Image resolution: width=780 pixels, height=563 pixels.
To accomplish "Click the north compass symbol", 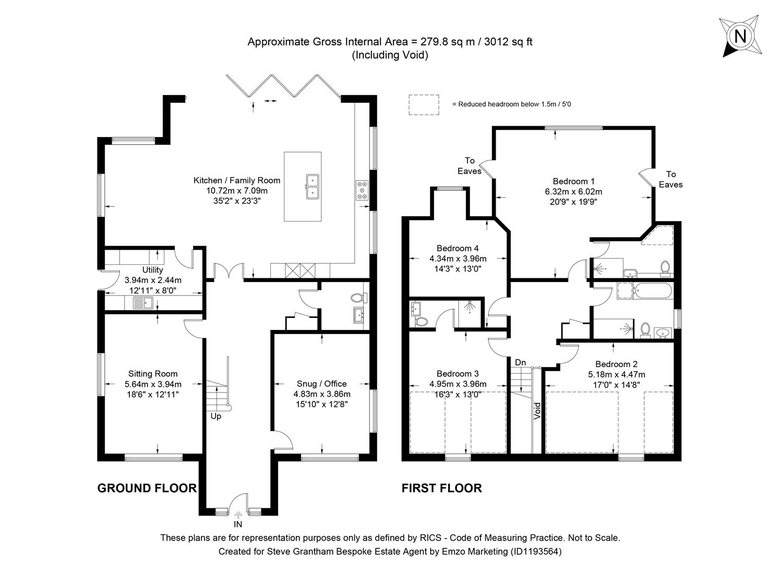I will click(740, 36).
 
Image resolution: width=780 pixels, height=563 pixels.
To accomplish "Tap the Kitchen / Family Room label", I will click(237, 180).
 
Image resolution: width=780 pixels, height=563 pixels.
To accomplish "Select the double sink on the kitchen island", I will click(312, 186).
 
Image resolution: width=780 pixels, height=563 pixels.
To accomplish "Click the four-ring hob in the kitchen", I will click(361, 190).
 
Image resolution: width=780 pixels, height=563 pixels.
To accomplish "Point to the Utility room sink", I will click(142, 302).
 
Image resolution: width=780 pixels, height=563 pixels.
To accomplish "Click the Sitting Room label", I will click(153, 374).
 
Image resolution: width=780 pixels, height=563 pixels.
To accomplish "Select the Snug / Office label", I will click(321, 384).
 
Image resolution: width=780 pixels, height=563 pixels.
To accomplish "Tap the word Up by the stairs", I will click(216, 416).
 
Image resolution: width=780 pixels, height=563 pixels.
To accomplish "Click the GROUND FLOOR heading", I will click(147, 488).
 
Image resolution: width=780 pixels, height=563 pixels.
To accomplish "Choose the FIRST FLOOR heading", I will click(441, 488).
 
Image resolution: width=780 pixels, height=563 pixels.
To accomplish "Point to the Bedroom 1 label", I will click(573, 181).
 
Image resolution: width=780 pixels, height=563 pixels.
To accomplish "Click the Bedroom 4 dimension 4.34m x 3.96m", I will click(458, 259).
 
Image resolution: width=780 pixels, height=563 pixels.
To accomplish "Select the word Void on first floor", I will click(537, 410).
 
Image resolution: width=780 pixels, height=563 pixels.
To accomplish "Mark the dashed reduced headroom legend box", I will click(424, 104).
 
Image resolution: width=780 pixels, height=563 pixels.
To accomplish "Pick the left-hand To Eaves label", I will click(469, 166).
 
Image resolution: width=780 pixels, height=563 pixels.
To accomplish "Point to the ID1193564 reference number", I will click(536, 551).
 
